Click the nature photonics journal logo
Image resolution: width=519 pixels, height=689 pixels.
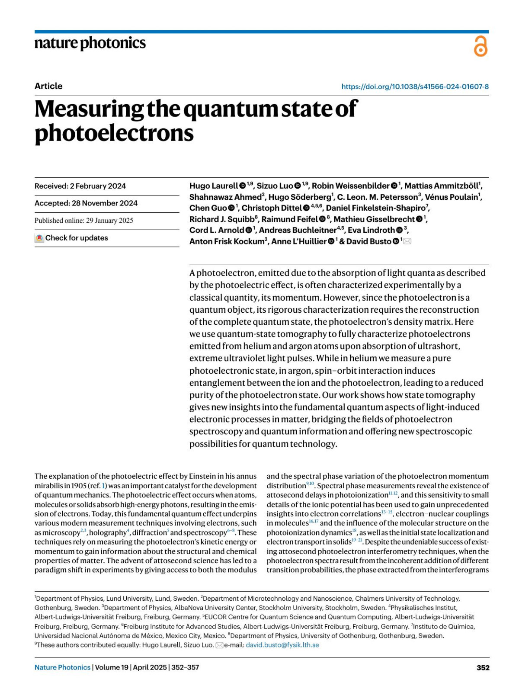tap(90, 43)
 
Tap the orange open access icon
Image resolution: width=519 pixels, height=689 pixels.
tap(481, 46)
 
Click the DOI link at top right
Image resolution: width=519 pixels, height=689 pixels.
tap(415, 87)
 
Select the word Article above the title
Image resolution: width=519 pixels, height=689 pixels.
tap(48, 86)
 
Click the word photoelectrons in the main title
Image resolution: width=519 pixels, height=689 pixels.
tap(114, 133)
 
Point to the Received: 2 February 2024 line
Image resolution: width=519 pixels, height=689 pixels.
tap(80, 186)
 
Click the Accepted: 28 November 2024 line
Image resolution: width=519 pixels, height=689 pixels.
tap(86, 203)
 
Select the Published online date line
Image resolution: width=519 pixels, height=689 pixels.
tap(84, 221)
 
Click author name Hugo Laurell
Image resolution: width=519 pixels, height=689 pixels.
tap(213, 186)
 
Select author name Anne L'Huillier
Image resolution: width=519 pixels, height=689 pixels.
tap(298, 241)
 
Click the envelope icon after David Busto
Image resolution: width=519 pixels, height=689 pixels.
tap(407, 241)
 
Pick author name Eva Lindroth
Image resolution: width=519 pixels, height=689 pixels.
tap(371, 230)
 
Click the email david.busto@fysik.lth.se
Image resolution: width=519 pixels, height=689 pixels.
tap(282, 645)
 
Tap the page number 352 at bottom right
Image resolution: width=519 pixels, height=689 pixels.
tap(483, 667)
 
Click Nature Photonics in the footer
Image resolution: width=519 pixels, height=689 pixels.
tap(62, 667)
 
